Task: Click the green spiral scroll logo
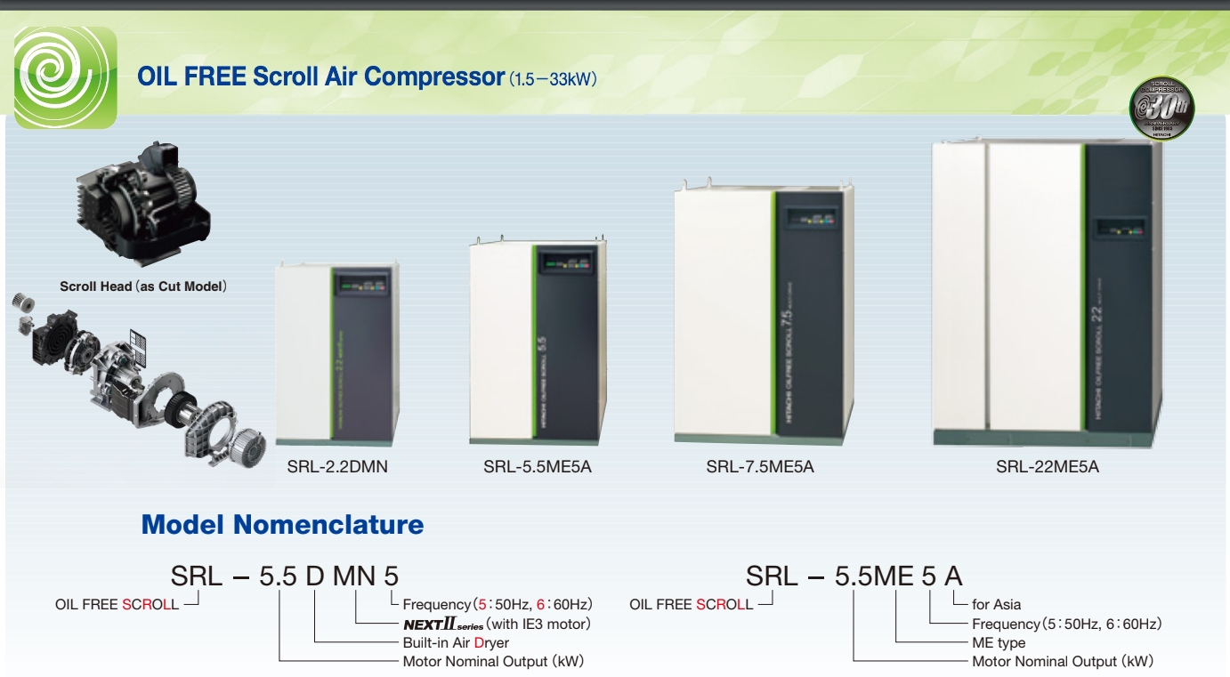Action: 65,77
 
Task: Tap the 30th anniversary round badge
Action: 1161,109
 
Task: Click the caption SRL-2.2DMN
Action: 337,466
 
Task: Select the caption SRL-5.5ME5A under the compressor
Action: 538,466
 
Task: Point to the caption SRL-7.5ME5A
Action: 760,466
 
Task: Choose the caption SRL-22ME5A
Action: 1048,466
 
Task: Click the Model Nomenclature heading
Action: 282,525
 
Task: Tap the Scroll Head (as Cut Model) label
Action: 143,286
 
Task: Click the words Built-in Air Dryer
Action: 456,642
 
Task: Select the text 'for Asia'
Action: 997,605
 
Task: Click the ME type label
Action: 999,642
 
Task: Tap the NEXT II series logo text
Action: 443,624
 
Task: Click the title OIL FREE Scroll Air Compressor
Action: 321,77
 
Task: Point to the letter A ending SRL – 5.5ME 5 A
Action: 953,576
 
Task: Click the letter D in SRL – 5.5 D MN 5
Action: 315,576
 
